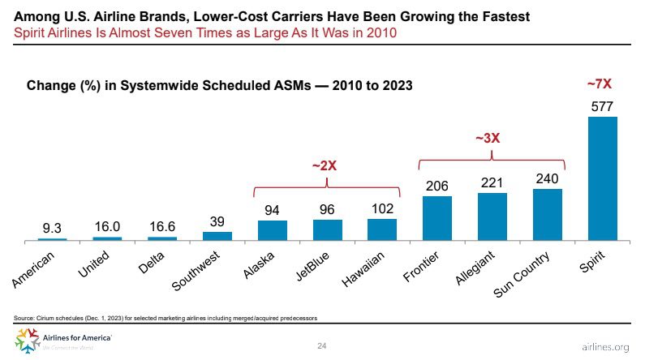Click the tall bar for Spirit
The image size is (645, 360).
click(x=602, y=178)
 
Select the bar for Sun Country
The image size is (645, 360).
click(x=548, y=215)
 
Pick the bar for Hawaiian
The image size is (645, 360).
click(x=382, y=230)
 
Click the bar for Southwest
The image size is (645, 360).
click(x=217, y=236)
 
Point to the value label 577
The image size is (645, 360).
click(x=602, y=106)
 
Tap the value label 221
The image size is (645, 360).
click(x=492, y=183)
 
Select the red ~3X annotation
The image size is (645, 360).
click(x=487, y=138)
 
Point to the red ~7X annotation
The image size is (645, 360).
click(x=601, y=83)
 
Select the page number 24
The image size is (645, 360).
click(x=322, y=346)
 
